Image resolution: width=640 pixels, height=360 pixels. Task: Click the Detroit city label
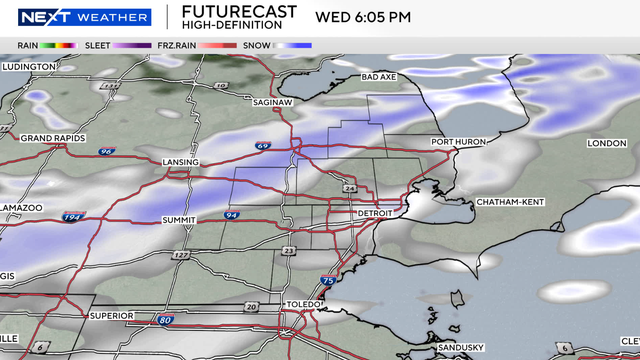coord(378,214)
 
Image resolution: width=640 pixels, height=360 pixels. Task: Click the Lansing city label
coord(181,162)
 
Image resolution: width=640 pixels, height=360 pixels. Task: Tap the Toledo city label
coord(301,303)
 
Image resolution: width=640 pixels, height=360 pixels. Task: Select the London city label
coord(606,143)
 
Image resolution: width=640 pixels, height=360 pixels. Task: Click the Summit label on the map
coord(180,219)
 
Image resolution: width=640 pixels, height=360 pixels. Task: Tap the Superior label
coord(111,316)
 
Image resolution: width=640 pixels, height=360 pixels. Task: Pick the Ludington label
coord(29,66)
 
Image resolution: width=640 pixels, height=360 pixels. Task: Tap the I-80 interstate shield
coord(165,319)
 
